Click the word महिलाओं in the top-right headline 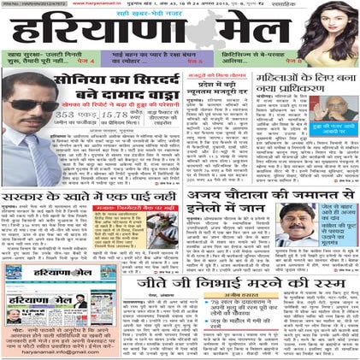point(283,80)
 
